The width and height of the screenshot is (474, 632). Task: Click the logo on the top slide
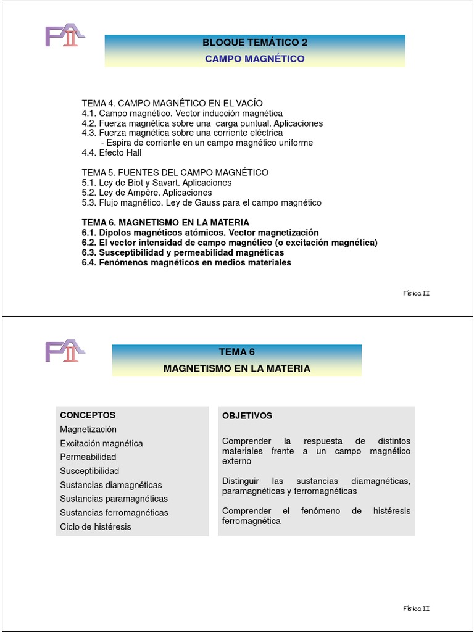64,36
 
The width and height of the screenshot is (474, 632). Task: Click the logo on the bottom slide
64,351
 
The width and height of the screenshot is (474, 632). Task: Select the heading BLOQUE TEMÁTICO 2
255,43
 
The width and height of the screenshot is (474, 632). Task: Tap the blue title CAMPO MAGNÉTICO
255,59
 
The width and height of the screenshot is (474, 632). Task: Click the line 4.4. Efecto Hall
112,152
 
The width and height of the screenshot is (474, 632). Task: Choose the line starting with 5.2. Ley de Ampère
147,193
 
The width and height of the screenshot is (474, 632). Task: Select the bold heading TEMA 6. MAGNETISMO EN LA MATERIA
165,222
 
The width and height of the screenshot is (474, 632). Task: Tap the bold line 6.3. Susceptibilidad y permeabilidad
183,252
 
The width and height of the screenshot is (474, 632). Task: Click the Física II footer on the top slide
416,293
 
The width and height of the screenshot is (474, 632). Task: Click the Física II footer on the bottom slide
416,609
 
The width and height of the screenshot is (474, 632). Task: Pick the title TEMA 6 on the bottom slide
236,352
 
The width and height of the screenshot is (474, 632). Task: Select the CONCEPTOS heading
88,415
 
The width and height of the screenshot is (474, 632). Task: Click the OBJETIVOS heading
247,416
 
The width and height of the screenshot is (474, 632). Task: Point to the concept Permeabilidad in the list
88,457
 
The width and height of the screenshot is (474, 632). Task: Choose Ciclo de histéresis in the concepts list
96,526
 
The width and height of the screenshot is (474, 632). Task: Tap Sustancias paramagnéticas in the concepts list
114,499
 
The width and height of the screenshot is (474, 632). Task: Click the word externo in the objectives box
237,461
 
